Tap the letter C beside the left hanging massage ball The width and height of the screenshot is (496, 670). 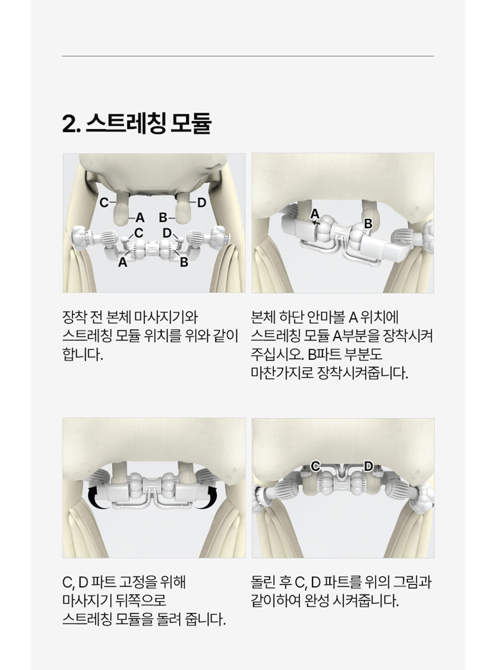[x=104, y=202]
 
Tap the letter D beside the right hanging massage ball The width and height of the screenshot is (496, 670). [x=202, y=202]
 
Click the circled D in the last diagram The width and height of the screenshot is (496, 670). [x=368, y=467]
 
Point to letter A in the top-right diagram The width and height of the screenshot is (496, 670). [x=315, y=214]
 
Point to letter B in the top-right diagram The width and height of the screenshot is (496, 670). [x=368, y=224]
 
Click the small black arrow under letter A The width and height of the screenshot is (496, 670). [x=316, y=223]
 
